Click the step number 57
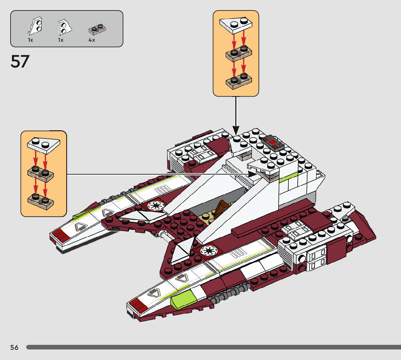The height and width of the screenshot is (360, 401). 20,61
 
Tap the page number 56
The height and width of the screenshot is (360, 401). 15,347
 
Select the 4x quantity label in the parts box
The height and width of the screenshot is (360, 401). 92,40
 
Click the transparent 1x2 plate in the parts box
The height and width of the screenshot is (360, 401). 97,29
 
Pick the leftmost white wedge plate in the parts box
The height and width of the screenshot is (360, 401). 35,26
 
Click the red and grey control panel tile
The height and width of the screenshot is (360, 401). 272,142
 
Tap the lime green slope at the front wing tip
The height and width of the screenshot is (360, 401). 183,299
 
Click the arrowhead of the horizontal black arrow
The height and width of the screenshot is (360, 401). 253,174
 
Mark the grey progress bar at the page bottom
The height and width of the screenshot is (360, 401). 214,347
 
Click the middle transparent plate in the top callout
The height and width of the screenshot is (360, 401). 239,53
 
